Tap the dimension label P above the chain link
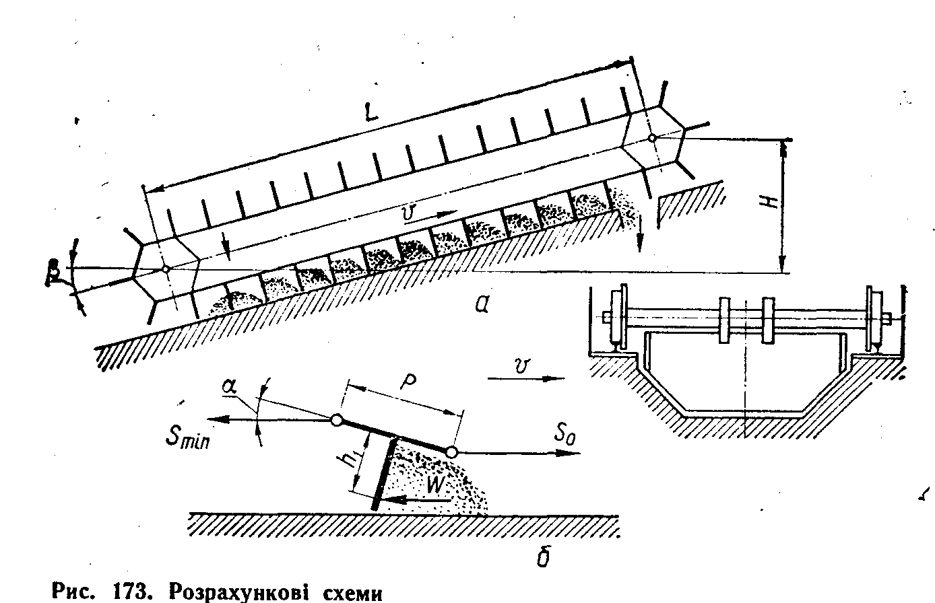click(408, 382)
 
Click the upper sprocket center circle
click(652, 138)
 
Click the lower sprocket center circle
click(165, 269)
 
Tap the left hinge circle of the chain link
click(336, 421)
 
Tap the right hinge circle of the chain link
click(452, 452)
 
